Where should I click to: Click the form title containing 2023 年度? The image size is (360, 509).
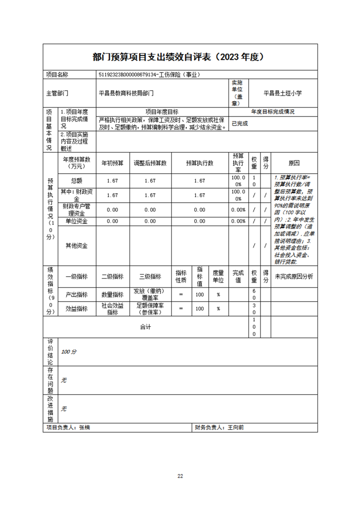click(x=180, y=57)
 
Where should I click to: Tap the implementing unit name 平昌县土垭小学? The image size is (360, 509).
click(x=283, y=93)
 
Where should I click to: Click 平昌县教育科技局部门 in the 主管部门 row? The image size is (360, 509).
click(x=126, y=93)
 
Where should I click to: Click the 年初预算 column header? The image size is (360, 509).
click(x=113, y=163)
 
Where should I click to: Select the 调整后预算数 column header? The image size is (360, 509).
click(x=150, y=163)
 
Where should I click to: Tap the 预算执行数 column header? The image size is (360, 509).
click(x=199, y=163)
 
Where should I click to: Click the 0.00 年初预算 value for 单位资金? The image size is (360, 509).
click(x=113, y=221)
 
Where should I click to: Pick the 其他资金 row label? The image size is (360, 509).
click(x=77, y=245)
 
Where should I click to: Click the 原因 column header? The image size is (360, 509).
click(x=294, y=163)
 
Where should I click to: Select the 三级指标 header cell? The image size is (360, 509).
click(x=150, y=277)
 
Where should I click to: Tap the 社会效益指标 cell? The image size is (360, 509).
click(x=113, y=308)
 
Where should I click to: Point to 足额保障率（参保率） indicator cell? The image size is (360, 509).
click(x=150, y=308)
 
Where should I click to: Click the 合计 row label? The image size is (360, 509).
click(x=145, y=327)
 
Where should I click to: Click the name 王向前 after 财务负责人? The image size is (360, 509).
click(x=235, y=427)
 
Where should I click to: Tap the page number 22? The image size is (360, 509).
click(x=180, y=476)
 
